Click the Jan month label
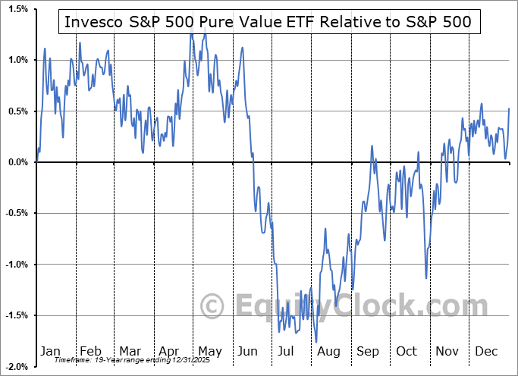point(49,351)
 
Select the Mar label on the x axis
point(129,351)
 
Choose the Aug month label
point(329,351)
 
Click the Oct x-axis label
point(407,351)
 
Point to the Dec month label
point(487,351)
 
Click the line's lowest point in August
point(316,342)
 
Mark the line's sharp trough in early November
point(426,278)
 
